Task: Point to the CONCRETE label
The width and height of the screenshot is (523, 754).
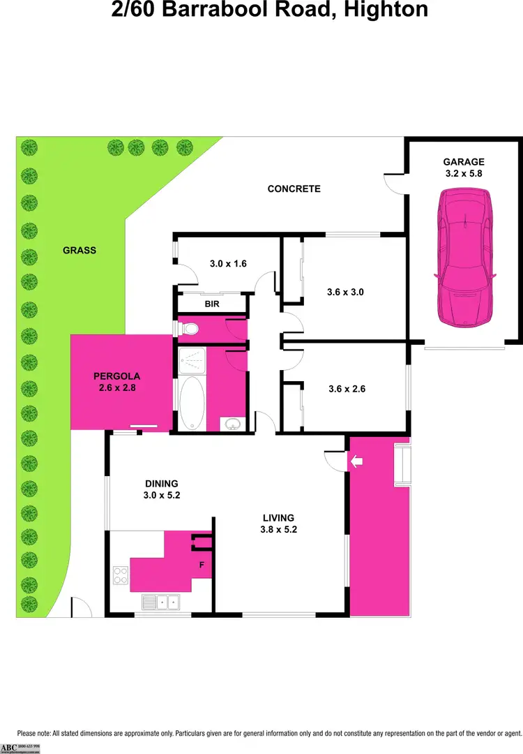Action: [294, 188]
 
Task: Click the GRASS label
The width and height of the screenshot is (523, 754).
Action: [79, 250]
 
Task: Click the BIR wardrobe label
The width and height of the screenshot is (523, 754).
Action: [212, 305]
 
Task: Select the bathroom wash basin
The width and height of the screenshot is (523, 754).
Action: [232, 423]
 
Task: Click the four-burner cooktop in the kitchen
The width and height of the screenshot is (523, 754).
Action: [120, 575]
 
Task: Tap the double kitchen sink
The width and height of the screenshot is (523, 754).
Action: [160, 600]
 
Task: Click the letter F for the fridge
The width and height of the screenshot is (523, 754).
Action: [202, 565]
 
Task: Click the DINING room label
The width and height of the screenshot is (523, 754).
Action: [162, 483]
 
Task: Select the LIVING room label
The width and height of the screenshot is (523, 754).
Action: [278, 517]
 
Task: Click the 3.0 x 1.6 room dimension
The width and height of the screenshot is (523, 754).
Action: [229, 264]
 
